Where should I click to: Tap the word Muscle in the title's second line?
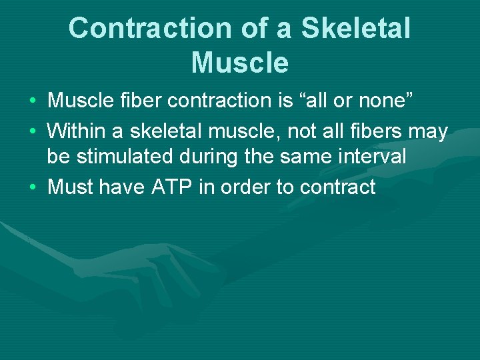[240, 63]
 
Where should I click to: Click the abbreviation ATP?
[172, 187]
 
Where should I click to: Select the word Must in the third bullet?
[70, 187]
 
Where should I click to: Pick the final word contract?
[338, 187]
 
